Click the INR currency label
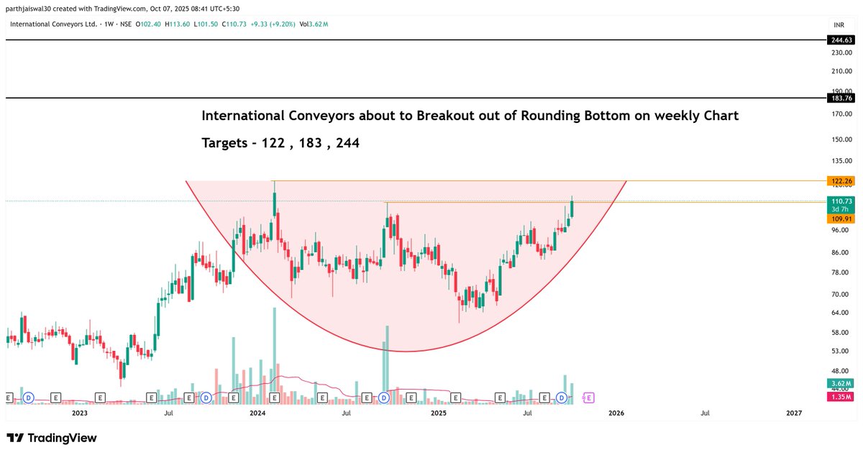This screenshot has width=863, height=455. pyautogui.click(x=838, y=24)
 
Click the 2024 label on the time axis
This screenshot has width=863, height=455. pyautogui.click(x=257, y=413)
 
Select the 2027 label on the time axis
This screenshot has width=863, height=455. pyautogui.click(x=794, y=413)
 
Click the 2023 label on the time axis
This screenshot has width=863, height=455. pyautogui.click(x=79, y=413)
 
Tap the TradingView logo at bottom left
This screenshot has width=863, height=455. pyautogui.click(x=52, y=438)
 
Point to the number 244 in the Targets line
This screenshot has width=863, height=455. pyautogui.click(x=348, y=143)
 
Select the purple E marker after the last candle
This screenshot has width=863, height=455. pyautogui.click(x=589, y=397)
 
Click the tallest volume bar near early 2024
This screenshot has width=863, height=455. pyautogui.click(x=274, y=352)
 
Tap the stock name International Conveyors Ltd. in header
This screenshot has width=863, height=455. pyautogui.click(x=54, y=24)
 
